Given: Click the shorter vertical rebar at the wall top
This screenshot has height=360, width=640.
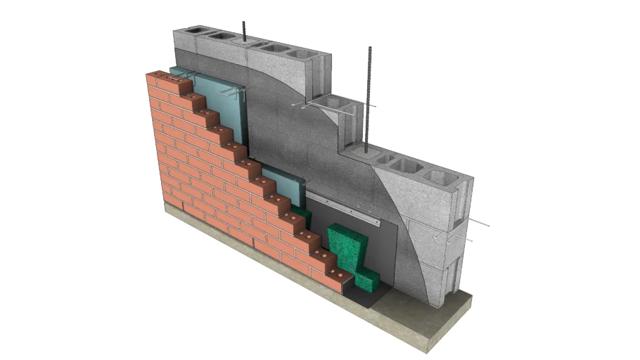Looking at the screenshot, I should click(x=243, y=32).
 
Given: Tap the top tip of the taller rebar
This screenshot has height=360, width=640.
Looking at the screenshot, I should click(x=370, y=48).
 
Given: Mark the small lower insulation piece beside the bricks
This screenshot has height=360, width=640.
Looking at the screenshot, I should click(x=288, y=184).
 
